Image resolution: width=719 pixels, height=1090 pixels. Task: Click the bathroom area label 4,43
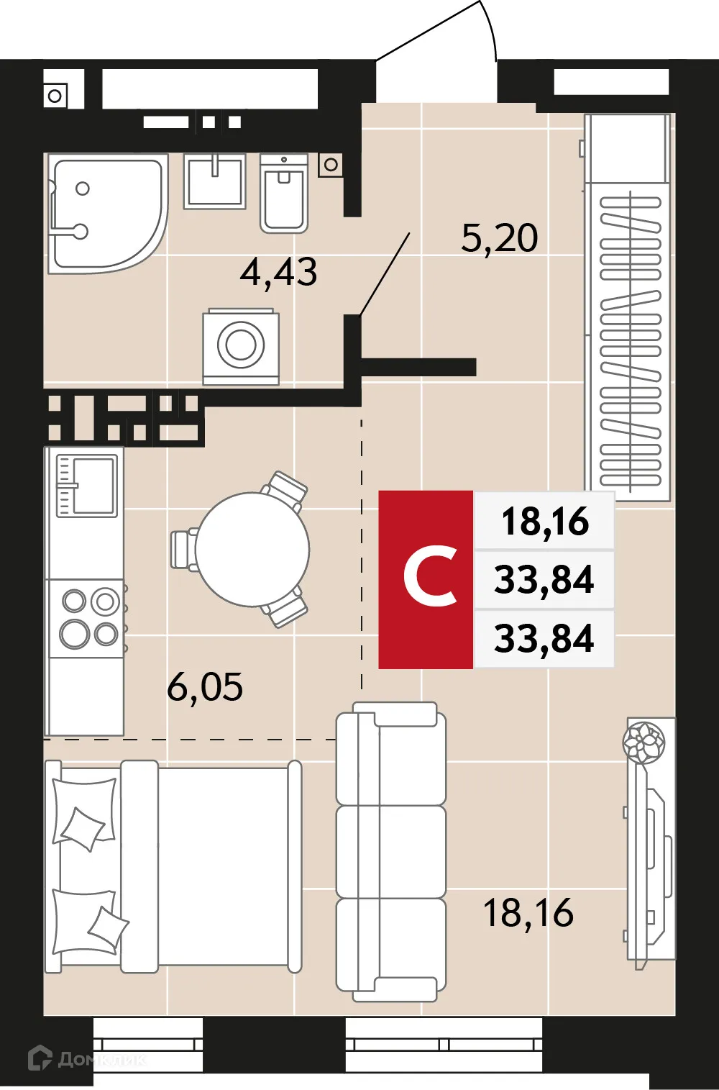tap(278, 273)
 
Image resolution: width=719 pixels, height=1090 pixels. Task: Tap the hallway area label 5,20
tap(499, 238)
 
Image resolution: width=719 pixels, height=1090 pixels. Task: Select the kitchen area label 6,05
tap(205, 687)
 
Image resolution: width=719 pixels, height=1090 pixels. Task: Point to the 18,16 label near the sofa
tap(528, 913)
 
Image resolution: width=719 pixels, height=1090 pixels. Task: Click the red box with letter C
tap(426, 579)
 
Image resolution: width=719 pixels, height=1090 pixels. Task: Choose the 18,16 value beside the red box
tap(544, 521)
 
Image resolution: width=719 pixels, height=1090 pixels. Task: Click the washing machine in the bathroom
tap(241, 346)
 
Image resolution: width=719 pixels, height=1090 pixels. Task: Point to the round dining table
tap(252, 549)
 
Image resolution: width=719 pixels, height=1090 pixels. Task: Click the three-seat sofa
tap(391, 851)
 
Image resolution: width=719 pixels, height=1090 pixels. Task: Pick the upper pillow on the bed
tap(84, 812)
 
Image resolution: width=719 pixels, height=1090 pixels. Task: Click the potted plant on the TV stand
tap(644, 742)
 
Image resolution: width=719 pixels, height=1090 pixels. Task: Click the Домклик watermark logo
tap(86, 1058)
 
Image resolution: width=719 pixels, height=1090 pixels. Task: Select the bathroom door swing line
tap(385, 274)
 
